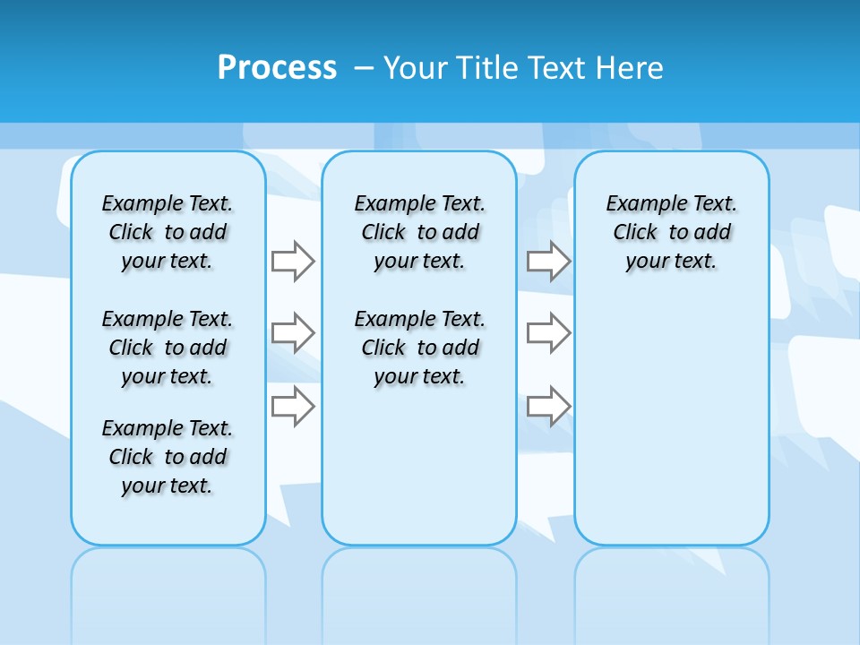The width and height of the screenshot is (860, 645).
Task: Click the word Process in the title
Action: coord(277,67)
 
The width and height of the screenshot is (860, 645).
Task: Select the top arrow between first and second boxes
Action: coord(293,261)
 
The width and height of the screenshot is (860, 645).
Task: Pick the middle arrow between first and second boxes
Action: coord(293,333)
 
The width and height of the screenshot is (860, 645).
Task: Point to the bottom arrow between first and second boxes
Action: coord(293,406)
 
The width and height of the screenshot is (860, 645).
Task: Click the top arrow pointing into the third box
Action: coord(548,261)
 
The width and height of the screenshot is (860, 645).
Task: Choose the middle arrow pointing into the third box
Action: coord(548,333)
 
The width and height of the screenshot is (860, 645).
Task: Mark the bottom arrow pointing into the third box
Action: coord(548,406)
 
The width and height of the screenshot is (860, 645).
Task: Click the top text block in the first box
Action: coord(168,232)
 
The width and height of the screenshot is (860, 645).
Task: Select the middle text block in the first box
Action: coord(168,348)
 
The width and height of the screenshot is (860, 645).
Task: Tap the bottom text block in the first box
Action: coord(168,457)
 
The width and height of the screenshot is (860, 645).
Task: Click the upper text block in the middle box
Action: coord(419,232)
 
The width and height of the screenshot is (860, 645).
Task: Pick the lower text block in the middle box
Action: coord(419,348)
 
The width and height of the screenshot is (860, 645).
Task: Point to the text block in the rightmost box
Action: coord(671,232)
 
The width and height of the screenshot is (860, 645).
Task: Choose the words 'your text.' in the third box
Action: coord(671,262)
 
